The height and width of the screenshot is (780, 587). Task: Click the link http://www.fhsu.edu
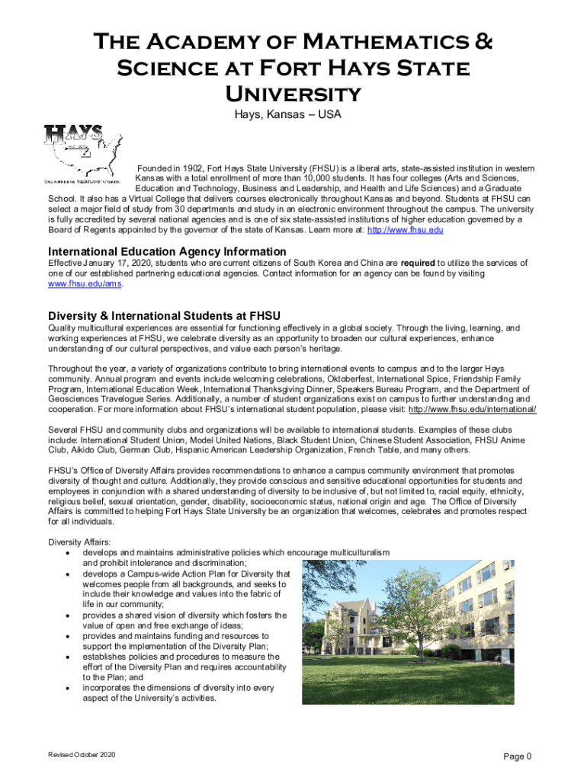click(406, 229)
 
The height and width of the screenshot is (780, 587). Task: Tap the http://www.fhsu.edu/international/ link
click(473, 409)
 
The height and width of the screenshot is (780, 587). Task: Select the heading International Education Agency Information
click(167, 251)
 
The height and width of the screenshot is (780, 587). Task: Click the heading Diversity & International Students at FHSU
click(165, 315)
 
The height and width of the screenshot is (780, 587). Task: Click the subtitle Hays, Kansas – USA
click(293, 115)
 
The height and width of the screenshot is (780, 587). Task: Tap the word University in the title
click(293, 94)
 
